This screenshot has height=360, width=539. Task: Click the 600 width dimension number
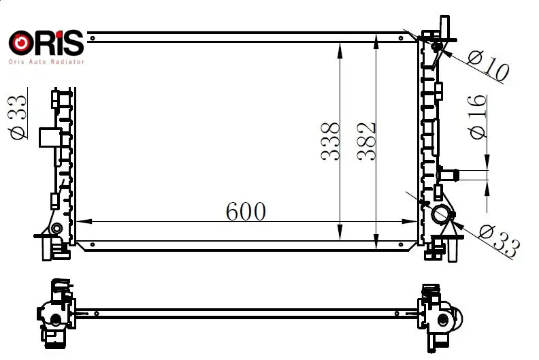coord(246,211)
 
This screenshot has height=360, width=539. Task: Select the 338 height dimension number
coord(330,141)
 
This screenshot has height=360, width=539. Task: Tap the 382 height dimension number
coord(366,142)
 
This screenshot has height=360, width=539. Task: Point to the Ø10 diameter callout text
coord(489,66)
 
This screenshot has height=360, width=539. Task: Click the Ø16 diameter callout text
coord(478,117)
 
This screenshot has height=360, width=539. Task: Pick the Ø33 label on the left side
coord(18,118)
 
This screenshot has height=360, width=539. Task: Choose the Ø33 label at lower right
coord(499,240)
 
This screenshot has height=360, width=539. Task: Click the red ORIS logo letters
coord(46,43)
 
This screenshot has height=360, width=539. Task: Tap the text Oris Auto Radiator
coord(46,62)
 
